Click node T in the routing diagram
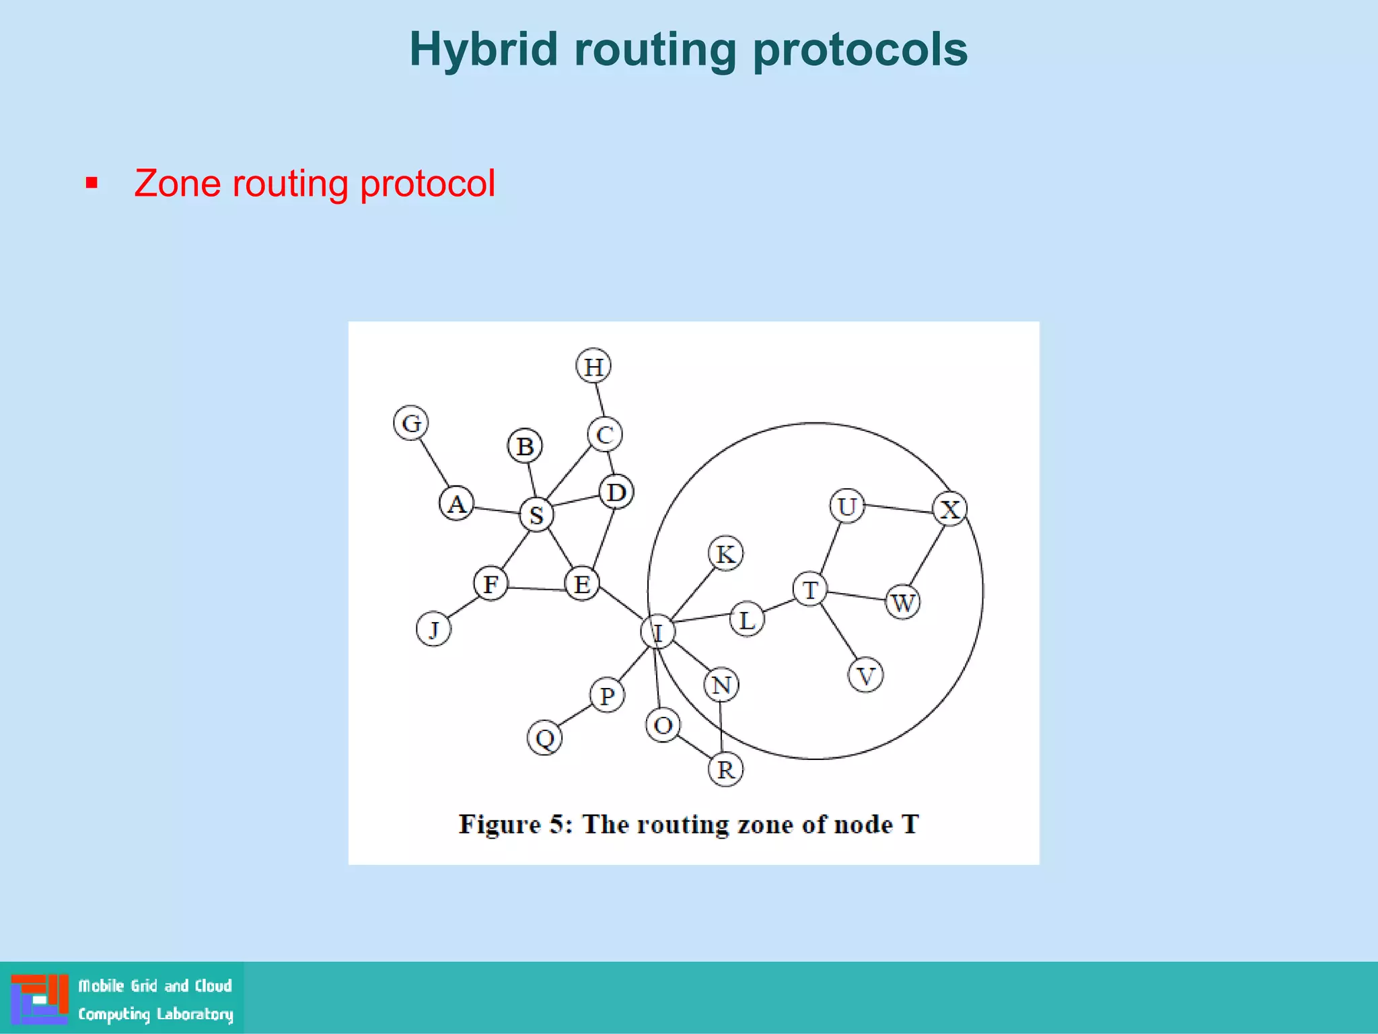[810, 590]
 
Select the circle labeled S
[536, 515]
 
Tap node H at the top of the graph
[593, 366]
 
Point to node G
[411, 423]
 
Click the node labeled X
[949, 509]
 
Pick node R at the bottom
[725, 769]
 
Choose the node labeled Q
[544, 738]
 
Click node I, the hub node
[657, 632]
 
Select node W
[902, 602]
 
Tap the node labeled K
[725, 554]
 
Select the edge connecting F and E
[536, 589]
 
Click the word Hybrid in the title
[483, 50]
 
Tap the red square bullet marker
[92, 183]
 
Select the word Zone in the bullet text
[177, 183]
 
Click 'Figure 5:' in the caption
[515, 824]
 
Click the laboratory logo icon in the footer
[40, 998]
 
